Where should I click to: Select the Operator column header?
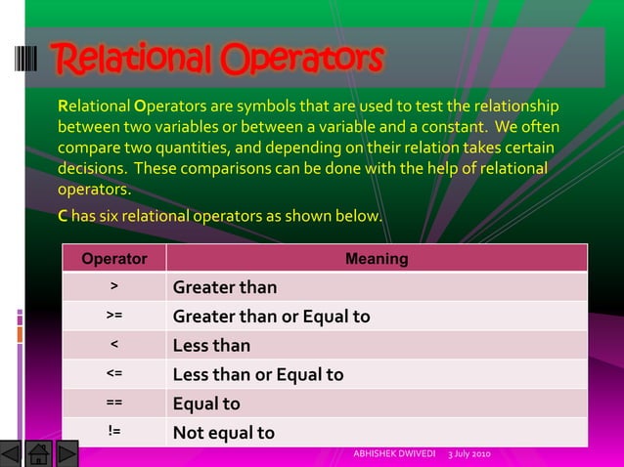pos(114,259)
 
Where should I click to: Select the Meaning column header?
pos(377,259)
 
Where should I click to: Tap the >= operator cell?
pos(114,317)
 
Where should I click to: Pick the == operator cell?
pos(114,403)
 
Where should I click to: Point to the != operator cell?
pos(114,432)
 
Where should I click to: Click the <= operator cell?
pos(114,374)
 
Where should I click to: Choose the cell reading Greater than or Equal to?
pos(271,317)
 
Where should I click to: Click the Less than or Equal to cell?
pos(257,374)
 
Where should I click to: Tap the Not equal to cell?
pos(223,433)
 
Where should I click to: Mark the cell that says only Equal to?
pos(205,403)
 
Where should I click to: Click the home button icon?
pos(38,453)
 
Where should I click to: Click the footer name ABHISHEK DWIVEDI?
pos(395,455)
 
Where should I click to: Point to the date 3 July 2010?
pos(469,455)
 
